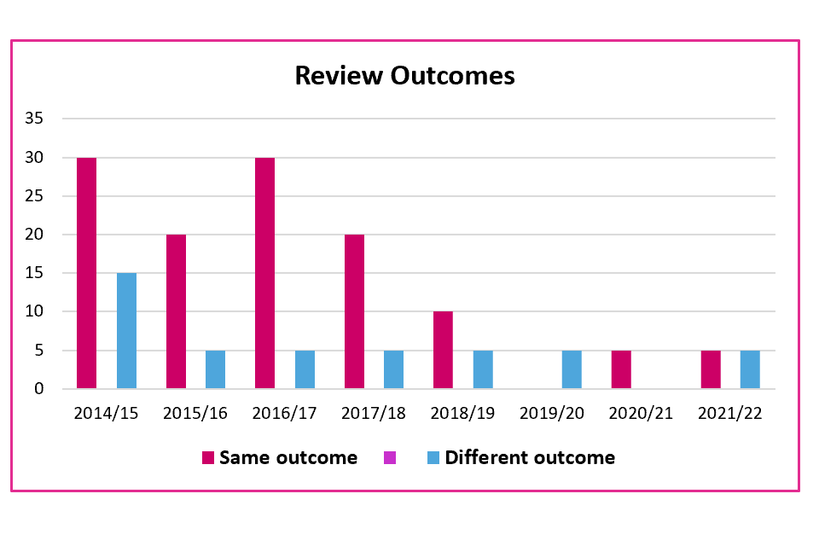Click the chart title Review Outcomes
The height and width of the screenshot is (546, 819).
[404, 76]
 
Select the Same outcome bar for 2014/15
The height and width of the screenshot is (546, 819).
[86, 273]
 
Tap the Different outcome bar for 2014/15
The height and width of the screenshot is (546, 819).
[126, 331]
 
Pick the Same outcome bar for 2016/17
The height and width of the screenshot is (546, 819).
[264, 273]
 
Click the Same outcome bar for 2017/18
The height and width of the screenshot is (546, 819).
[354, 311]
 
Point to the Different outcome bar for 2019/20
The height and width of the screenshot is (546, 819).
[572, 369]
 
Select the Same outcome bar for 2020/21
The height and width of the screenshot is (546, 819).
[621, 369]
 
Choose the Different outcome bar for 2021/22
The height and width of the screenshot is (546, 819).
[750, 369]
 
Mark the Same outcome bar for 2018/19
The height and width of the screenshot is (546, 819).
[443, 350]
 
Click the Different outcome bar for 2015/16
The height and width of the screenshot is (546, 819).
[215, 369]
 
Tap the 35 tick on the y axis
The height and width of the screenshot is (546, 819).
[33, 119]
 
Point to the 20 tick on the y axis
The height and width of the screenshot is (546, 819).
[33, 235]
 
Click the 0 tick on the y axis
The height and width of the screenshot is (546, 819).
[38, 389]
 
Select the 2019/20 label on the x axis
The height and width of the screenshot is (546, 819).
[552, 414]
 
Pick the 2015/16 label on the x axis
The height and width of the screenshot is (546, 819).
[195, 414]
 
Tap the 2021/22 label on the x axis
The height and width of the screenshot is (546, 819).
[730, 414]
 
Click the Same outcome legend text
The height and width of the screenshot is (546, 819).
[288, 458]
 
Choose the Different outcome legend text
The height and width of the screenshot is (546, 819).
[529, 458]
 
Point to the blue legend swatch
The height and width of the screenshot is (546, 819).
[433, 458]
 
